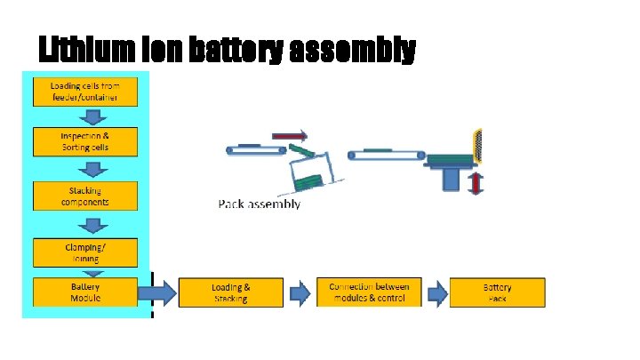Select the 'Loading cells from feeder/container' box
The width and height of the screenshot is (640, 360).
coord(85,91)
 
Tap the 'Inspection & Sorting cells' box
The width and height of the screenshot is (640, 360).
coord(85,141)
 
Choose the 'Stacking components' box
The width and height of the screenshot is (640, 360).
coord(85,196)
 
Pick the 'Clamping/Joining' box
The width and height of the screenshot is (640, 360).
coord(85,252)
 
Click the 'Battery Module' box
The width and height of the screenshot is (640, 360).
coord(85,292)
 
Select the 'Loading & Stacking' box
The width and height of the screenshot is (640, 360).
coord(231,292)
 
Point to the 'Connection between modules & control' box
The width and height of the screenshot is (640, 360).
coord(369,292)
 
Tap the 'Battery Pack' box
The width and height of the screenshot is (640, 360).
coord(497,292)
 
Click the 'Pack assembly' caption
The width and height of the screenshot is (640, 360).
coord(260,204)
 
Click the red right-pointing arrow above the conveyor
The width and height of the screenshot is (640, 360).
coord(289,137)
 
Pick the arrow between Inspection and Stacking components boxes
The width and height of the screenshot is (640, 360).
coord(85,170)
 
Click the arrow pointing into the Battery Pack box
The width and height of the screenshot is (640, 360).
coord(436,292)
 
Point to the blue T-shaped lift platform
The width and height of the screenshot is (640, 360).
coord(450,174)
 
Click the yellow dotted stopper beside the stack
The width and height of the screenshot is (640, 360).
coord(479,146)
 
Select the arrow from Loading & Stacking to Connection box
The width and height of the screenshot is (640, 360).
coord(300,292)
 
